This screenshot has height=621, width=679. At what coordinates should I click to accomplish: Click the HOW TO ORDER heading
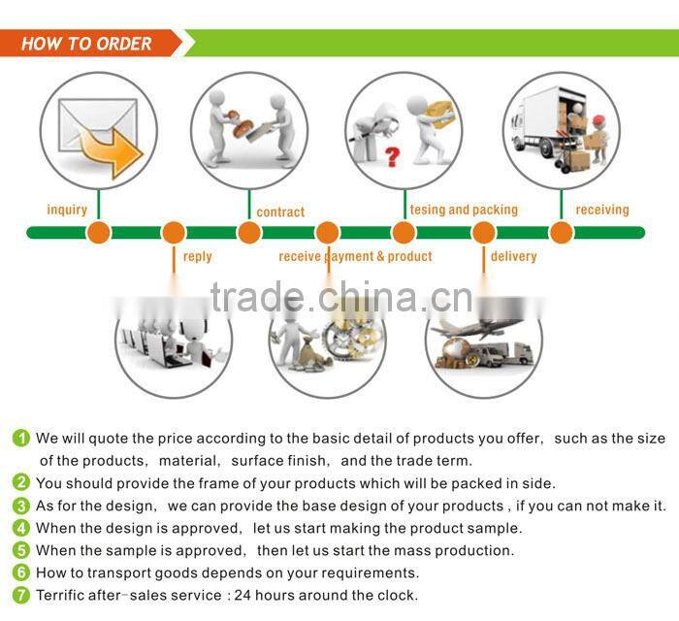[x=86, y=44]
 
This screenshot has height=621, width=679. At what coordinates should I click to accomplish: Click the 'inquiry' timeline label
[x=67, y=210]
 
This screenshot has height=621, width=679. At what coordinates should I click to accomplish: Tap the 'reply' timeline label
[x=197, y=256]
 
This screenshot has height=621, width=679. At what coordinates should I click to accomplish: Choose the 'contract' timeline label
[x=280, y=212]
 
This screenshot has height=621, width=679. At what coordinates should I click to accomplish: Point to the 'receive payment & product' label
[x=355, y=256]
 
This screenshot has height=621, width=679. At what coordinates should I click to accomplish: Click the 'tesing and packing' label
[x=464, y=210]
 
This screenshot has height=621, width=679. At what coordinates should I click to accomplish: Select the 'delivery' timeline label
[x=513, y=256]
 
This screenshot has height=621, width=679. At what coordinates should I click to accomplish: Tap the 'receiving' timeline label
[x=602, y=210]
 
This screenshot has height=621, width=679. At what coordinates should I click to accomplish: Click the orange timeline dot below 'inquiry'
[x=98, y=233]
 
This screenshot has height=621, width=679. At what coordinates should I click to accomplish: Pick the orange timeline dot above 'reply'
[x=174, y=233]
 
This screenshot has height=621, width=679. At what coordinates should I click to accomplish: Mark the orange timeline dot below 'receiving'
[x=562, y=233]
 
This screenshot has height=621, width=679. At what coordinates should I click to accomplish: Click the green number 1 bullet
[x=21, y=439]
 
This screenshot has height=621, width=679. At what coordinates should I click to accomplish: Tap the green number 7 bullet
[x=21, y=595]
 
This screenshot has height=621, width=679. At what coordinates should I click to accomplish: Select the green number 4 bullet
[x=21, y=528]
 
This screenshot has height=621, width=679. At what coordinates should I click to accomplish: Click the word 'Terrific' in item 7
[x=62, y=595]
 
